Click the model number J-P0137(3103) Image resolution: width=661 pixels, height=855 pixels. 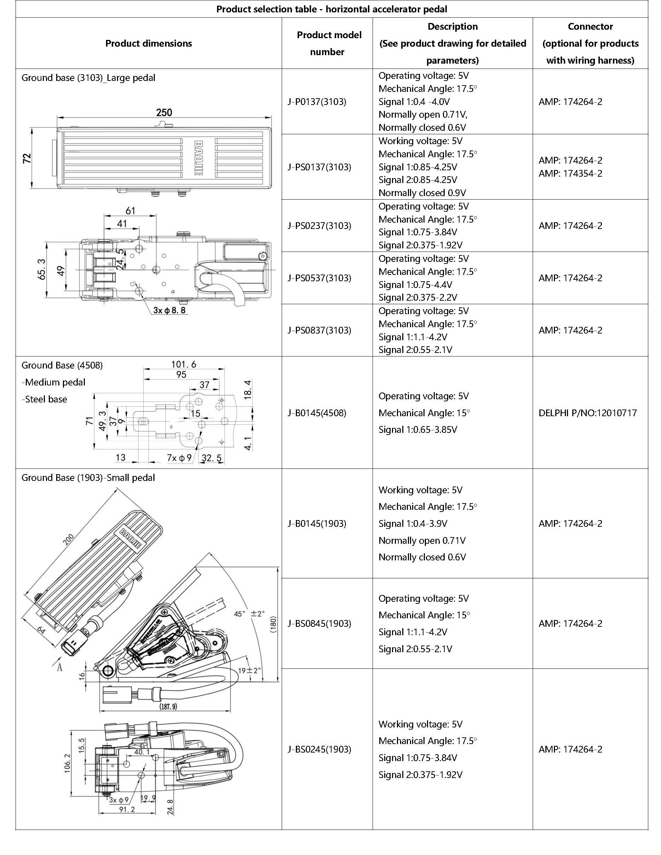point(317,102)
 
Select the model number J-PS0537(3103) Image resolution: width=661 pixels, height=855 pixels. point(319,278)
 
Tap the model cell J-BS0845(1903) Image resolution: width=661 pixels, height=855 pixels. point(319,623)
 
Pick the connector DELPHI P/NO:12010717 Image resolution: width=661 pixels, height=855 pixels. point(587,413)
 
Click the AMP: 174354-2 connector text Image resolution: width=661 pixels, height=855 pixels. point(570,173)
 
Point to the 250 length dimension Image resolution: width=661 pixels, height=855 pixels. point(164,113)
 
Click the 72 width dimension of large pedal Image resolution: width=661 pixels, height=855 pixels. point(27,158)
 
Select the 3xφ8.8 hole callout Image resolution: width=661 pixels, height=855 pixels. point(169,311)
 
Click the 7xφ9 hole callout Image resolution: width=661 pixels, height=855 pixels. point(179,458)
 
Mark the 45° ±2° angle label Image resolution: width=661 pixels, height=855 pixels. point(250,613)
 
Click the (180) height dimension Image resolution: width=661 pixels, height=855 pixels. point(273,624)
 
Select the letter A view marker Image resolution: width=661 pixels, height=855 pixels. point(59,667)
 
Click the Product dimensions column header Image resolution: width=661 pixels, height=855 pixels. point(148,43)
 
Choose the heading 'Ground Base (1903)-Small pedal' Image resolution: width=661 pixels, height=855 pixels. point(88,478)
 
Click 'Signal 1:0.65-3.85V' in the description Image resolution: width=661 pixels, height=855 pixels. point(417,430)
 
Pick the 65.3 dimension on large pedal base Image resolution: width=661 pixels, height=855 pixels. point(41,269)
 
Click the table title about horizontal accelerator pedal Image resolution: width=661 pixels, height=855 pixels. point(332,9)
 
